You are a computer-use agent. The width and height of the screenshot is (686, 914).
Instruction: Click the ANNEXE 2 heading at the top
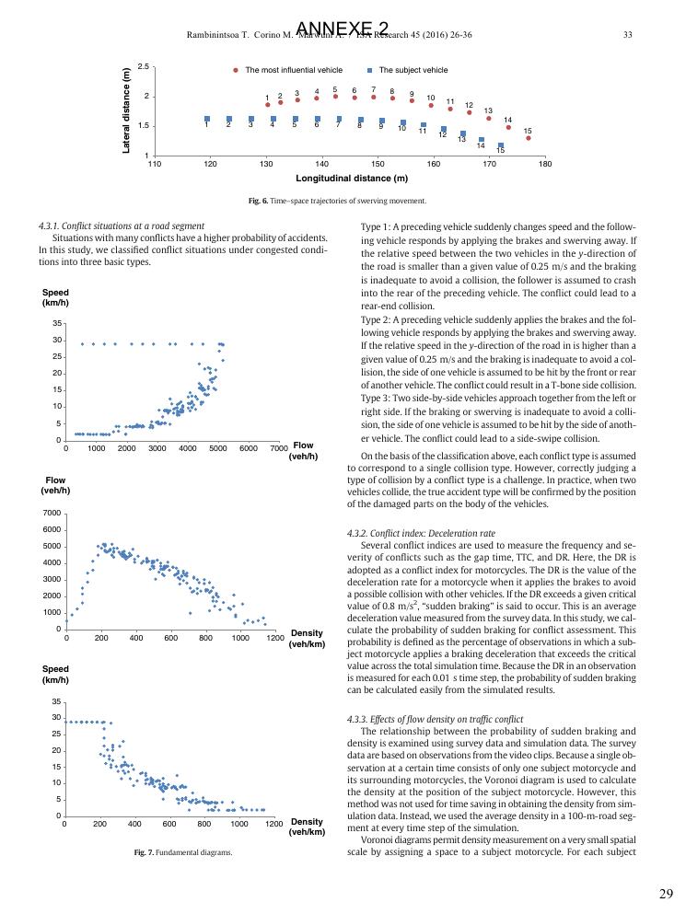tap(343, 29)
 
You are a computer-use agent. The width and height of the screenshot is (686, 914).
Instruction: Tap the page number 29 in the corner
tap(667, 894)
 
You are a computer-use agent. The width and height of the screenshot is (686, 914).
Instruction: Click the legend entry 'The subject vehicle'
tap(413, 70)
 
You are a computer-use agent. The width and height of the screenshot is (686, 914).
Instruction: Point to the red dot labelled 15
tap(528, 138)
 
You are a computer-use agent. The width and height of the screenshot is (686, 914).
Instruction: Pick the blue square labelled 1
tap(207, 119)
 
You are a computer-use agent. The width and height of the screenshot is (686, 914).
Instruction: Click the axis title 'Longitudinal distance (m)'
tap(351, 179)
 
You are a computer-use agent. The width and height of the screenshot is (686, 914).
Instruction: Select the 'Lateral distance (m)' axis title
tap(127, 110)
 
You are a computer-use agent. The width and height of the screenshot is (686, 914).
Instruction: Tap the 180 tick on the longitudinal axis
tap(544, 164)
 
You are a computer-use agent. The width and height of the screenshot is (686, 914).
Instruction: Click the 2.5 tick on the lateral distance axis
tap(143, 66)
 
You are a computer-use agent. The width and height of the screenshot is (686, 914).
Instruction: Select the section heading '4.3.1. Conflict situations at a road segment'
tap(122, 226)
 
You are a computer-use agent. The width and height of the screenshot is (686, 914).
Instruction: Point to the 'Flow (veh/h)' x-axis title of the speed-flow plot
tap(303, 451)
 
